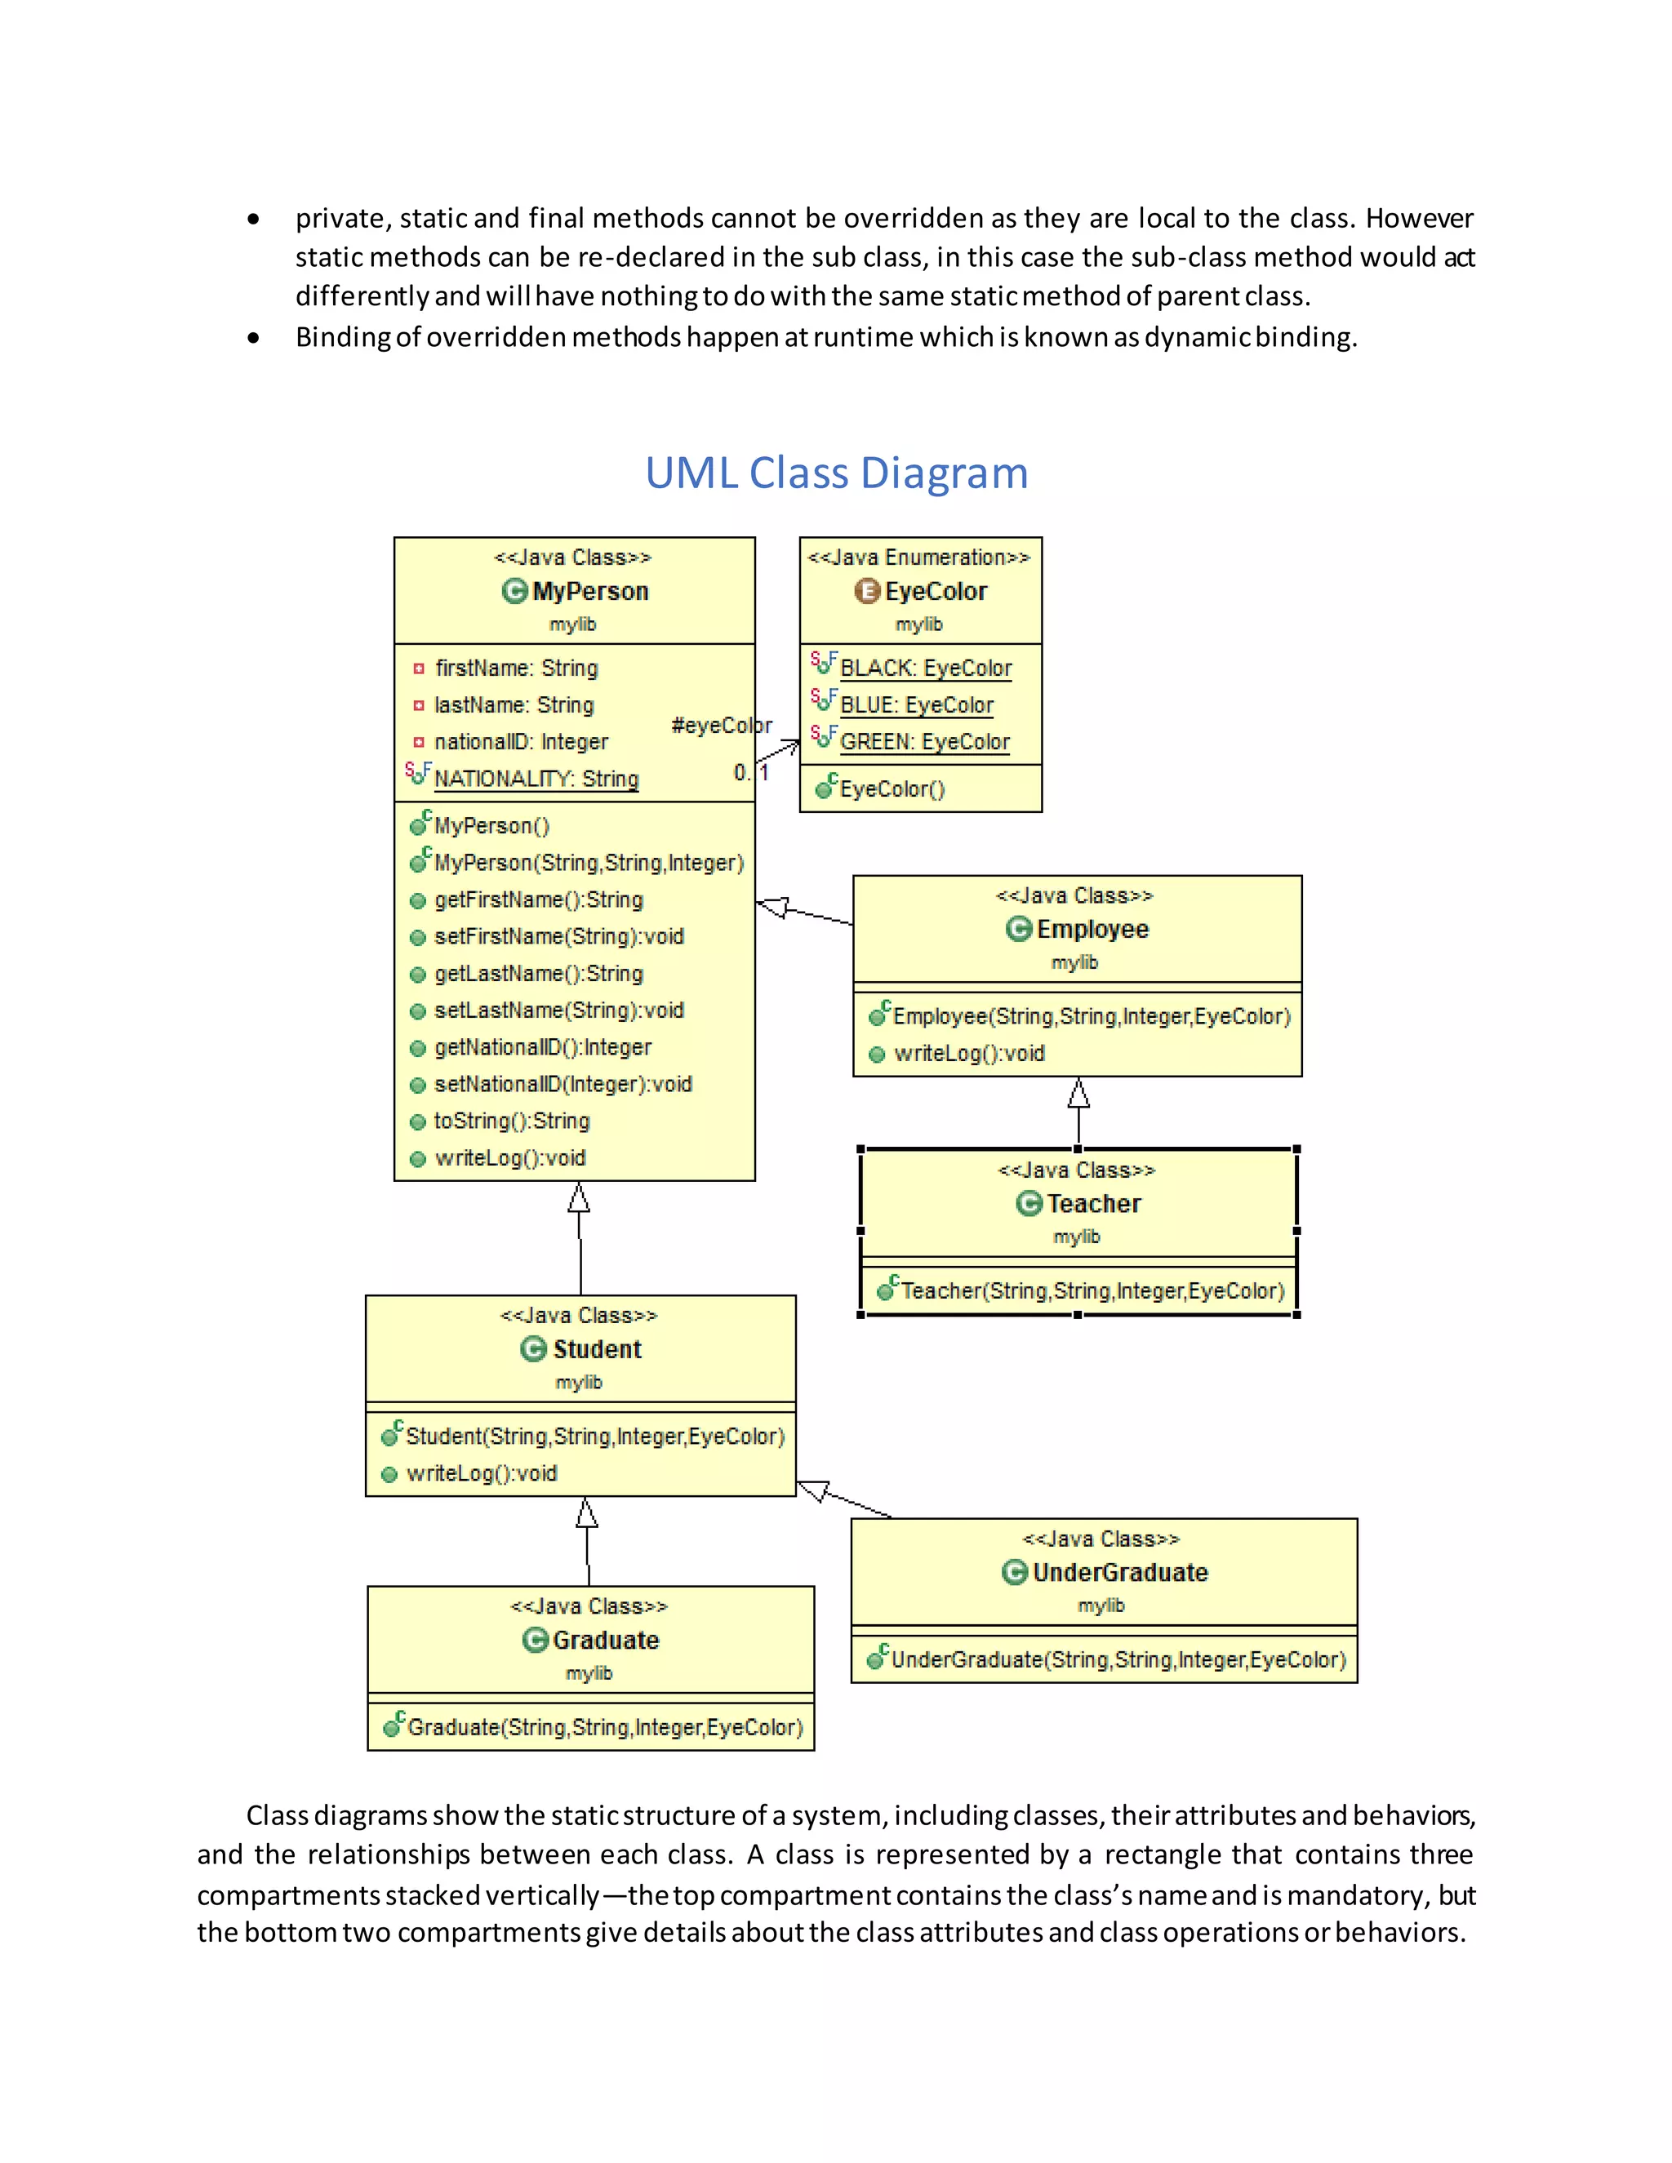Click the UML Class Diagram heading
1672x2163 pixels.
(836, 473)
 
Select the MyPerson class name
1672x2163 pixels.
(589, 591)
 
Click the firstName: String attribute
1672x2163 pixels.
(516, 668)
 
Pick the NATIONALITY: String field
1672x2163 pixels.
(536, 779)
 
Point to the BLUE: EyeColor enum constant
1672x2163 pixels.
(916, 705)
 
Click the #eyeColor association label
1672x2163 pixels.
(721, 725)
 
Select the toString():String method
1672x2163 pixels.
(511, 1121)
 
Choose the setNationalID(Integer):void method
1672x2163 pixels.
(563, 1085)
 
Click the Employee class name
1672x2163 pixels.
(1092, 929)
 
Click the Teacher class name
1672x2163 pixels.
(1093, 1203)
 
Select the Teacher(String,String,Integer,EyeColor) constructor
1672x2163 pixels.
(1092, 1291)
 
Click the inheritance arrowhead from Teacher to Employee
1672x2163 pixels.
(1078, 1095)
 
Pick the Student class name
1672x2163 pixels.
(596, 1350)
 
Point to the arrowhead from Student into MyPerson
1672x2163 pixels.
(580, 1198)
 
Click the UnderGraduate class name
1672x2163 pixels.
(1119, 1573)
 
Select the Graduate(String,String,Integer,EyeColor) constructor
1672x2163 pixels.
(604, 1728)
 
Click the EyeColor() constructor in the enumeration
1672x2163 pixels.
(892, 789)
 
